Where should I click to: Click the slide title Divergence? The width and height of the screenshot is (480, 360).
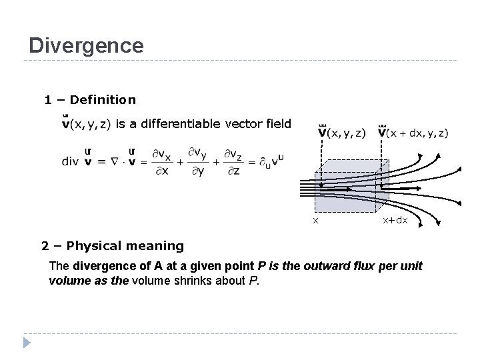click(86, 45)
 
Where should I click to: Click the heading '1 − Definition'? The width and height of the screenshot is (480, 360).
click(89, 100)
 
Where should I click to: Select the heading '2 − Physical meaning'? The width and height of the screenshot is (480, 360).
click(112, 245)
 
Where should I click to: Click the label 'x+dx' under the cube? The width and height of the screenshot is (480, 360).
click(395, 220)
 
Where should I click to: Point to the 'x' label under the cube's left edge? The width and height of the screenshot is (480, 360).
click(316, 220)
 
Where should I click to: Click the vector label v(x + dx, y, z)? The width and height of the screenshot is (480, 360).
click(413, 132)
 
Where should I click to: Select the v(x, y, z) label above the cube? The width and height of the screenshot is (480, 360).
click(342, 132)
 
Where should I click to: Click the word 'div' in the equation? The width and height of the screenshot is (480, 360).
click(70, 161)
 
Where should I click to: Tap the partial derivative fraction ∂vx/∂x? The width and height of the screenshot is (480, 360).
click(161, 161)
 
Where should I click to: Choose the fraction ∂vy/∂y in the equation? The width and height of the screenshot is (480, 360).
click(198, 161)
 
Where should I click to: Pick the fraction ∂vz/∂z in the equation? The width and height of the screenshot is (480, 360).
click(234, 161)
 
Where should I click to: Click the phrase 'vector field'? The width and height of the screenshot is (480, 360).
click(258, 123)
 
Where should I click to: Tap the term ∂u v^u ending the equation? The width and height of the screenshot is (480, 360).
click(271, 161)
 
